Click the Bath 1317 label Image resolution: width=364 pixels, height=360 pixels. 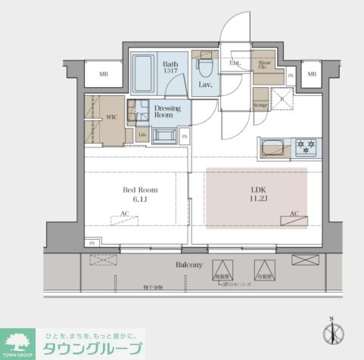pyautogui.click(x=171, y=68)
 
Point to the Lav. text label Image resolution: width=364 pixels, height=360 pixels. pyautogui.click(x=205, y=85)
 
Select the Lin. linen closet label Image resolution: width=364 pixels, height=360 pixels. pyautogui.click(x=142, y=135)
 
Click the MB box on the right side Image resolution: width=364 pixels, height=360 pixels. pyautogui.click(x=312, y=74)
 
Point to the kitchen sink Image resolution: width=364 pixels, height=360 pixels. pyautogui.click(x=272, y=147)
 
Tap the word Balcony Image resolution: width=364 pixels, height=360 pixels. pyautogui.click(x=189, y=265)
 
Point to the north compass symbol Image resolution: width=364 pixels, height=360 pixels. pyautogui.click(x=332, y=334)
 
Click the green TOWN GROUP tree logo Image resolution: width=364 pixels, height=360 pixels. pyautogui.click(x=16, y=340)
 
